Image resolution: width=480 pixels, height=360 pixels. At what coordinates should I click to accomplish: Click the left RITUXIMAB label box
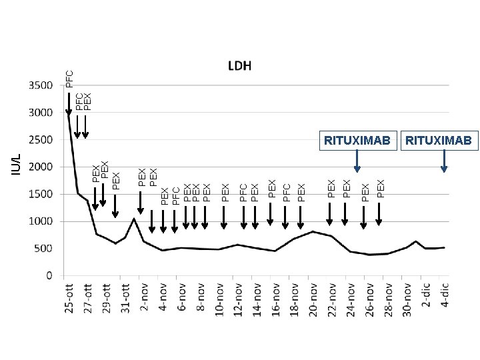pyautogui.click(x=357, y=140)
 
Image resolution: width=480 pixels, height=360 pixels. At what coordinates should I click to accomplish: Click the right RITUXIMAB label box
pyautogui.click(x=439, y=140)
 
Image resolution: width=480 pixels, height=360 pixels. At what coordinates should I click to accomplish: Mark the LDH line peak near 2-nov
pyautogui.click(x=134, y=219)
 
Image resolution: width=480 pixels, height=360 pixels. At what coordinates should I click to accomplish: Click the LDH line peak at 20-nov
pyautogui.click(x=313, y=231)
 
